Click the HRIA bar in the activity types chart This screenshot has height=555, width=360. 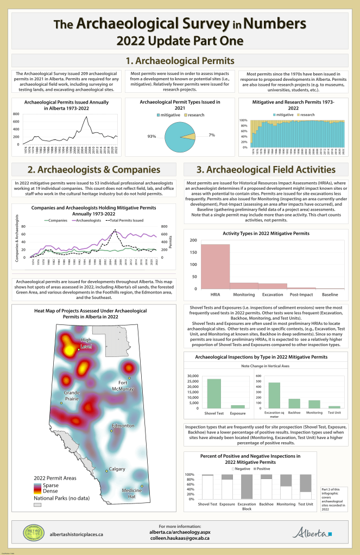(215, 266)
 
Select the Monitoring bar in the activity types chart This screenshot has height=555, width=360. (244, 285)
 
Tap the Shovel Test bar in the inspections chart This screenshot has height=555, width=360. (214, 393)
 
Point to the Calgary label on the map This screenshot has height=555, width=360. (117, 468)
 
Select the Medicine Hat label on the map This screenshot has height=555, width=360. (131, 493)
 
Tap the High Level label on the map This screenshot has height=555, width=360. (86, 343)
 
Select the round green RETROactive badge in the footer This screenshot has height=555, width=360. (34, 533)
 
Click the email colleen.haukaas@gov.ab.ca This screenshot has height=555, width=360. (180, 539)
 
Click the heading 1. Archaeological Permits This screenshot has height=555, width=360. (180, 60)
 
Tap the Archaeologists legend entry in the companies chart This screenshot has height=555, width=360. (87, 220)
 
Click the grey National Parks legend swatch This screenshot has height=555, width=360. (38, 504)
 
